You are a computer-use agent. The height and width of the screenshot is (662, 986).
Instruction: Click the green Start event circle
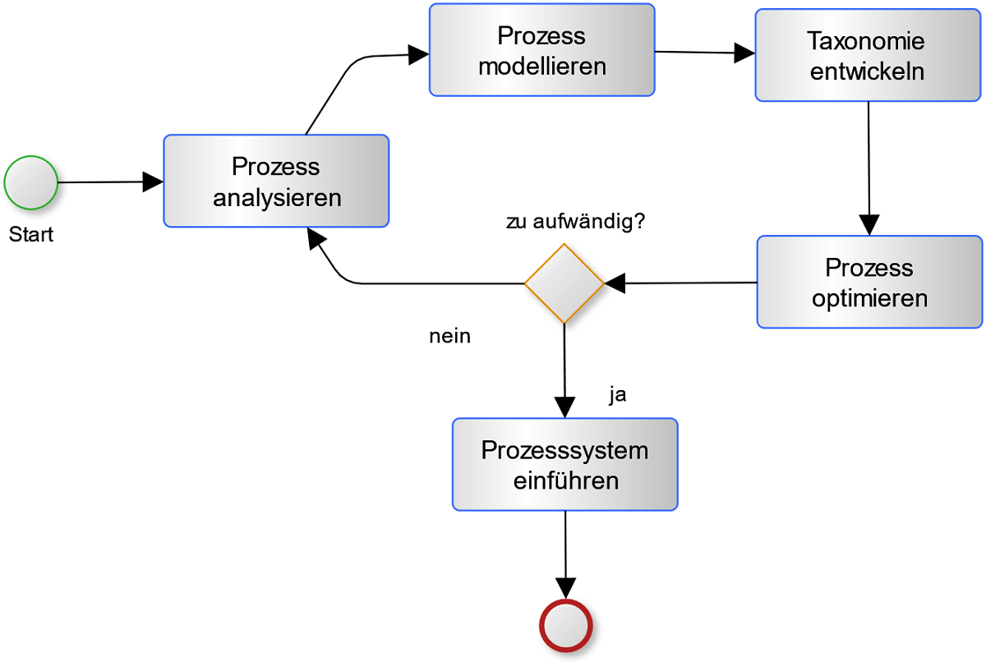point(31,182)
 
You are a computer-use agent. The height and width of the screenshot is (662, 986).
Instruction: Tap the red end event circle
point(565,627)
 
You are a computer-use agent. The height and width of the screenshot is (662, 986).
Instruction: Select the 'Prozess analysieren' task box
point(276,181)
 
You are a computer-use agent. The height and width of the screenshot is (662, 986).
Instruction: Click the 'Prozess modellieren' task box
point(541,50)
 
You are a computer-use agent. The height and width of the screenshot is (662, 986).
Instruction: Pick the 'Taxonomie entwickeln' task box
point(867,56)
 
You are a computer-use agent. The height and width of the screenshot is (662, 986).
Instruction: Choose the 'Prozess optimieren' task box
point(869,282)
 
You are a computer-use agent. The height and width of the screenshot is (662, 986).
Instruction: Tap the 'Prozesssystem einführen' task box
point(564,464)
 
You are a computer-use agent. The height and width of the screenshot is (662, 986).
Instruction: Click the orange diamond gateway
point(564,283)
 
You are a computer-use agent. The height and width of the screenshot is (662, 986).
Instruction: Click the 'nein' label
point(449,336)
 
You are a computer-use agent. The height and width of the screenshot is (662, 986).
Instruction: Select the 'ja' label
point(618,395)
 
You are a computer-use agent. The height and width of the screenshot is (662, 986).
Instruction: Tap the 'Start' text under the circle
point(31,235)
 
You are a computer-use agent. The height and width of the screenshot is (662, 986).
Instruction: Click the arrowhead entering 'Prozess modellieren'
point(419,55)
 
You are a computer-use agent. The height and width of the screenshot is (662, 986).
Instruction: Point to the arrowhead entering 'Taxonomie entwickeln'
point(744,53)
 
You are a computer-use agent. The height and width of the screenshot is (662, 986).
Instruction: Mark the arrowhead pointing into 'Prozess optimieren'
point(869,225)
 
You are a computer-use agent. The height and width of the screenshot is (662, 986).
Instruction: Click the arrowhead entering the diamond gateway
point(615,283)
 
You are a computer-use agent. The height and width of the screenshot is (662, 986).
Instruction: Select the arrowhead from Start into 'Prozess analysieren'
point(154,182)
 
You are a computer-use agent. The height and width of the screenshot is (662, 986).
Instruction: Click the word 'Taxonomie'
point(866,41)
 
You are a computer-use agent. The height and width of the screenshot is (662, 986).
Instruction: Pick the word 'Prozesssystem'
point(564,451)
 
